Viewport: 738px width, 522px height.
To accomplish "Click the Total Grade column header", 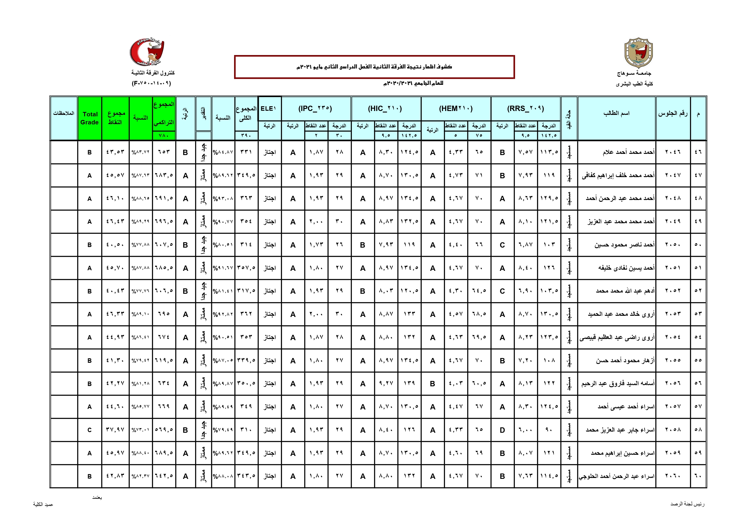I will (x=90, y=118).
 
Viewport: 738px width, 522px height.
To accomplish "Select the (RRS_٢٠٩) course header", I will (x=526, y=108).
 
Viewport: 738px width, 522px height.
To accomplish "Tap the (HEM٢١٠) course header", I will (x=456, y=108).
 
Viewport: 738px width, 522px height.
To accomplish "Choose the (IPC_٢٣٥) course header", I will (x=315, y=108).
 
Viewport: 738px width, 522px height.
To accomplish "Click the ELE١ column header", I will (x=268, y=108).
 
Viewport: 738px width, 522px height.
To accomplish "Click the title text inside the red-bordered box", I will (x=374, y=67).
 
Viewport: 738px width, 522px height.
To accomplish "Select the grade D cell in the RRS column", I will (x=502, y=430).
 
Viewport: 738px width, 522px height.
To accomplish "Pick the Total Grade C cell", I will (x=90, y=430).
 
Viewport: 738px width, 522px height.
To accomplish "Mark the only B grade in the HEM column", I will (x=433, y=384).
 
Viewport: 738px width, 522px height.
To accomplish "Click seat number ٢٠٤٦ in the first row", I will (x=673, y=152).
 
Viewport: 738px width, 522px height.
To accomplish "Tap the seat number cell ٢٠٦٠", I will (x=673, y=476).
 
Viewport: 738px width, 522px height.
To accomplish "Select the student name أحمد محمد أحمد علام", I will (x=629, y=152).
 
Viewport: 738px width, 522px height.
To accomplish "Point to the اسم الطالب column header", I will (x=617, y=113).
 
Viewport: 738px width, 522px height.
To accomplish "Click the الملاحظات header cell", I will (x=64, y=113).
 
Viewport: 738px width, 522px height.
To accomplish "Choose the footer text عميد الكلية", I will (x=43, y=504).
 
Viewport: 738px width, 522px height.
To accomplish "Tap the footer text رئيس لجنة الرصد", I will (x=687, y=504).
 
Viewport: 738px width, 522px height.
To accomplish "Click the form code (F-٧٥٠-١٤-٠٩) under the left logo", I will (x=151, y=83).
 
